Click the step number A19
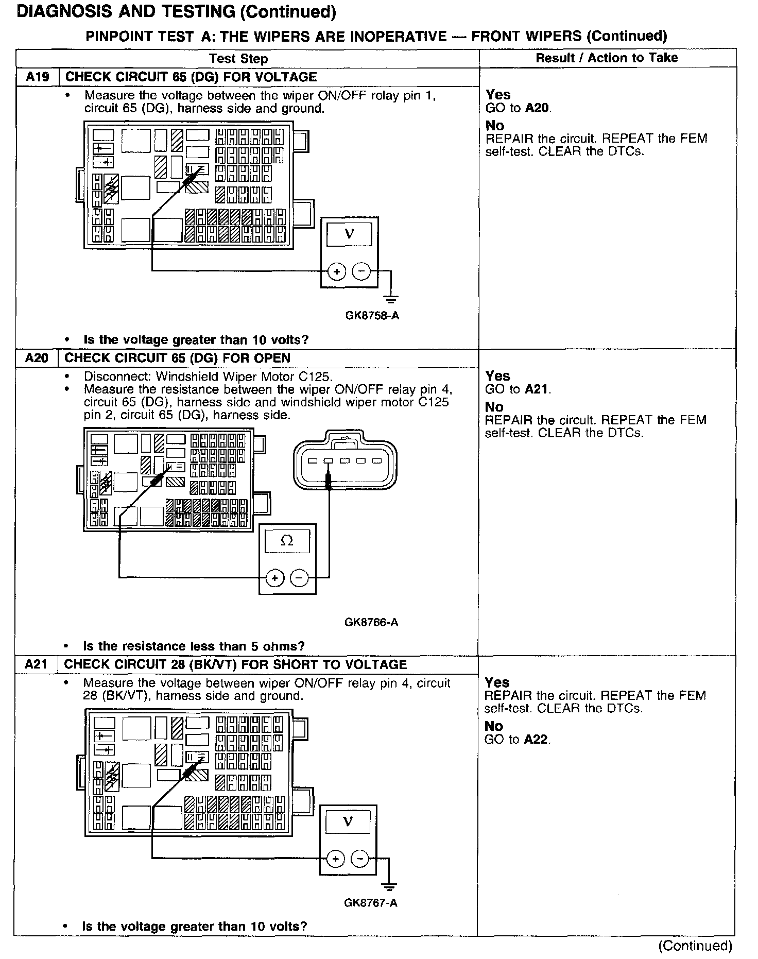(37, 77)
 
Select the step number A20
(36, 358)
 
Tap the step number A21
(36, 664)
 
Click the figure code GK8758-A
(372, 315)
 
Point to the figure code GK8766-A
(371, 622)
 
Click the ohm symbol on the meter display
(287, 541)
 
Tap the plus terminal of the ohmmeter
(275, 578)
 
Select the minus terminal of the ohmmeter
(300, 578)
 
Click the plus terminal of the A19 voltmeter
(336, 271)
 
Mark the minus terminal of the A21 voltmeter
(360, 859)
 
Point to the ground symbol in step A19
(391, 299)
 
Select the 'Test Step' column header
(238, 59)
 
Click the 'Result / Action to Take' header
(607, 58)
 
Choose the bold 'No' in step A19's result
(495, 126)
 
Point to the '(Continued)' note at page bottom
(695, 946)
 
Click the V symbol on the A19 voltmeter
(349, 234)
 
